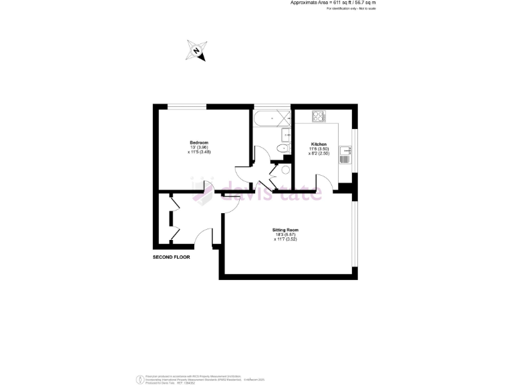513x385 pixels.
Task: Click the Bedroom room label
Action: (199, 143)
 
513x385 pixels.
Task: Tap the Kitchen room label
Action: (319, 145)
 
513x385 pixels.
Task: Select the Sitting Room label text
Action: (285, 230)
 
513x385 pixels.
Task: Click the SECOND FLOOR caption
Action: (172, 257)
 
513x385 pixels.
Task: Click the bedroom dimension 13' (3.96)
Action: (199, 148)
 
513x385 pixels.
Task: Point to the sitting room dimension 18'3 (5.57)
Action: (285, 235)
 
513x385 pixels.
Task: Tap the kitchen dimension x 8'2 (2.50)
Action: (319, 154)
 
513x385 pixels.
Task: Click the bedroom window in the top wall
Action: (186, 106)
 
